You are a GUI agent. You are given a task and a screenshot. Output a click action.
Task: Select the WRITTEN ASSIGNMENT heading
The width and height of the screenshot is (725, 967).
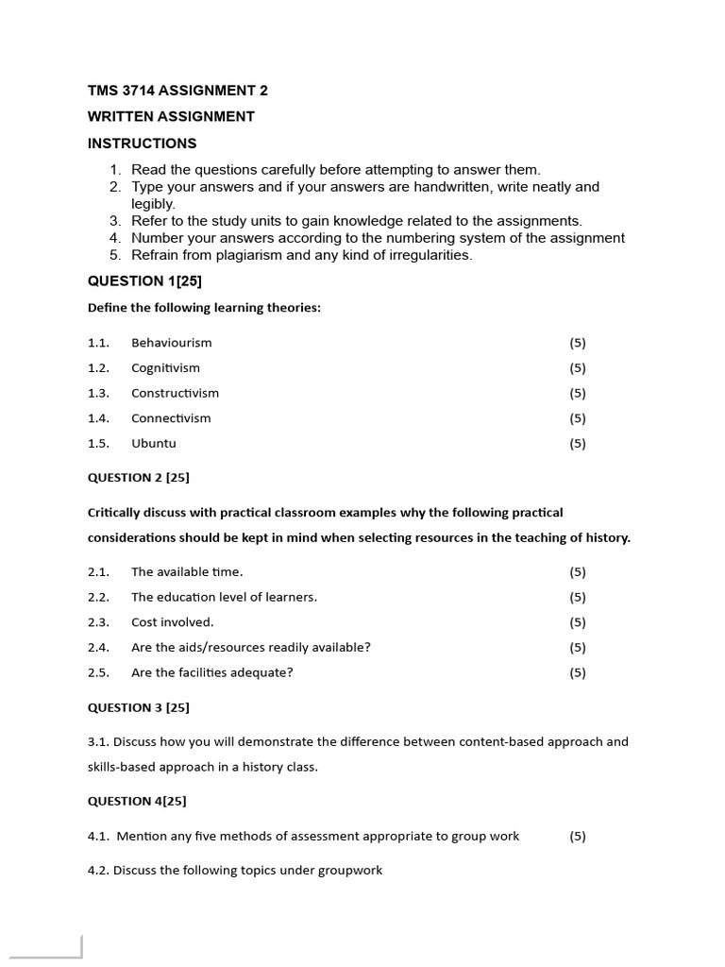point(171,117)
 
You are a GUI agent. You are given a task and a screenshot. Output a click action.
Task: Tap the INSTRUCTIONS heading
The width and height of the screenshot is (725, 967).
point(142,144)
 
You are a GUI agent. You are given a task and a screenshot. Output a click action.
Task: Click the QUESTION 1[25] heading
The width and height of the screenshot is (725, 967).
point(144,280)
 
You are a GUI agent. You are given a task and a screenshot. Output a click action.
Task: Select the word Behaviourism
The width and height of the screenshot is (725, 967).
point(171,343)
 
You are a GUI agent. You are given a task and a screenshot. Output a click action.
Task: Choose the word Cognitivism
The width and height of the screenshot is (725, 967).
point(165,368)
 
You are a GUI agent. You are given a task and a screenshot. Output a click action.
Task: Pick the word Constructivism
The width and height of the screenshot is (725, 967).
point(175,393)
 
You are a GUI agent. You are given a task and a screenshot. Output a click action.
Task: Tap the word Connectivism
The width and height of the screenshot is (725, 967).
point(171,418)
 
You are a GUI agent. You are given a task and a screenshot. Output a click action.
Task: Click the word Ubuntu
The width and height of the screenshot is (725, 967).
point(153,443)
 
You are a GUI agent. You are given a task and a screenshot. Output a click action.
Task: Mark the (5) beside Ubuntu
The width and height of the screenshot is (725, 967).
point(577,443)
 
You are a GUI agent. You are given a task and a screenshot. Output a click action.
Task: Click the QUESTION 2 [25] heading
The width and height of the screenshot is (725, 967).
point(138,478)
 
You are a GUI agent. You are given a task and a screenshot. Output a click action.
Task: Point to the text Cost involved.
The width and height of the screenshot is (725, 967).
point(172,622)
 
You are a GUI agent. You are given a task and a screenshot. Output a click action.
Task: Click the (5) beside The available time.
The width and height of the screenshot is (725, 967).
point(577,571)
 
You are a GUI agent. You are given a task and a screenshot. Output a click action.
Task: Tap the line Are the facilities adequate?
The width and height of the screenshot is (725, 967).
point(212,672)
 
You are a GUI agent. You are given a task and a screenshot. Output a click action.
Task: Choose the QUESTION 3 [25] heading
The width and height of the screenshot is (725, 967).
point(138,707)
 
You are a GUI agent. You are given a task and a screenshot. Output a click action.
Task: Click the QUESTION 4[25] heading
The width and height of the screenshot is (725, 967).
point(136,801)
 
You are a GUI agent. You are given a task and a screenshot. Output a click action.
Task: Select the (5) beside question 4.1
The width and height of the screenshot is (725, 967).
point(577,836)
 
